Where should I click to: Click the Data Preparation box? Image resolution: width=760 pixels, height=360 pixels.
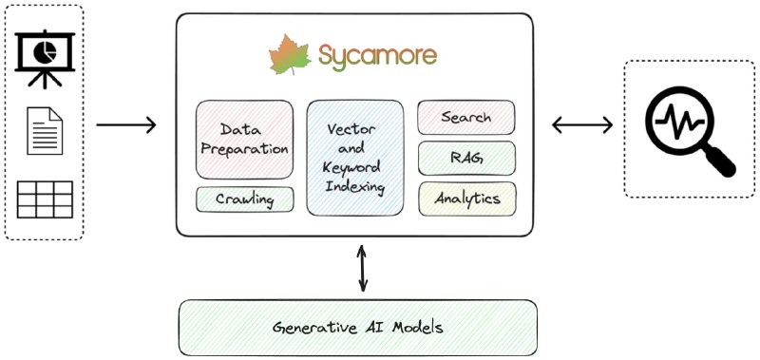tap(244, 139)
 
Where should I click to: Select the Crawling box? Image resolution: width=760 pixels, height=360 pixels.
tap(244, 199)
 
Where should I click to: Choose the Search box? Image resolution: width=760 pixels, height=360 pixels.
tap(466, 118)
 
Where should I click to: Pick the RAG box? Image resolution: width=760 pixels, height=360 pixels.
tap(466, 159)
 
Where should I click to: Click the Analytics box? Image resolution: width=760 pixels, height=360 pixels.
tap(466, 199)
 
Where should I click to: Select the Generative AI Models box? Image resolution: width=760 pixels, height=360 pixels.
tap(358, 328)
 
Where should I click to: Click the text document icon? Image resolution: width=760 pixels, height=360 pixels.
tap(45, 130)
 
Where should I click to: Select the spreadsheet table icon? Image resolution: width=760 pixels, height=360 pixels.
tap(45, 199)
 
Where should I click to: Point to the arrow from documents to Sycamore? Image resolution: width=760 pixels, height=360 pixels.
tap(126, 124)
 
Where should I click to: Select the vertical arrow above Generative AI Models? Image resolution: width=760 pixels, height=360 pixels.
tap(361, 267)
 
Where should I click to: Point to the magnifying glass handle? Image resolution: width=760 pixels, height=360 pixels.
tap(720, 161)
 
